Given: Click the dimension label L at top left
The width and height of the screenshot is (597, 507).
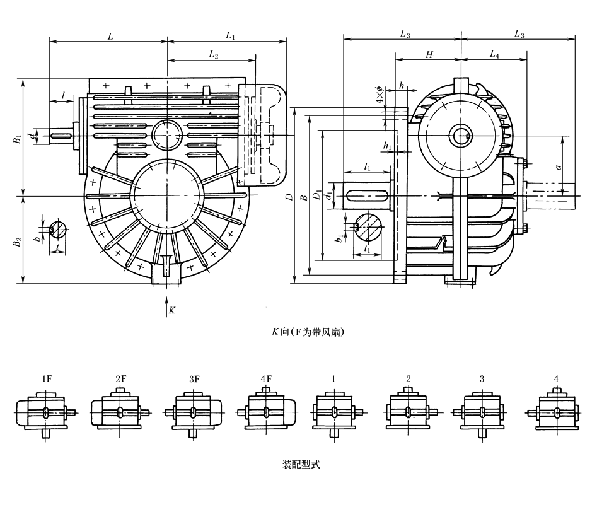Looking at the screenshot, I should click(x=110, y=37).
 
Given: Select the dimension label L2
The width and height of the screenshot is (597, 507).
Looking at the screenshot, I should click(x=213, y=55).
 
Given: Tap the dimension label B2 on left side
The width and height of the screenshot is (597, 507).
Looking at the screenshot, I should click(x=18, y=240).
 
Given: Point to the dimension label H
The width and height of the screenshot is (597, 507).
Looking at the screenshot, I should click(x=429, y=55).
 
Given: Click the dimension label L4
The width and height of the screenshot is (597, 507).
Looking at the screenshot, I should click(x=494, y=55).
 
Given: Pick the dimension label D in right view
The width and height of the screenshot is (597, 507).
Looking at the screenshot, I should click(x=288, y=198).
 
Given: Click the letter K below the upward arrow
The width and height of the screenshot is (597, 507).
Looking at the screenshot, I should click(x=171, y=311).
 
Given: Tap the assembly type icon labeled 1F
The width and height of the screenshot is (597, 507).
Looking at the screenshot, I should click(x=45, y=413).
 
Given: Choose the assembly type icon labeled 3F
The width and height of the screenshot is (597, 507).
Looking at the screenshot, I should click(x=194, y=413).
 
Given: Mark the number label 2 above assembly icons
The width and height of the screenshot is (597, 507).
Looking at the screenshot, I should click(x=409, y=379).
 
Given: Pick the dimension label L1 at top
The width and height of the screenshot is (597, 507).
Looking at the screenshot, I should click(x=229, y=37).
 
